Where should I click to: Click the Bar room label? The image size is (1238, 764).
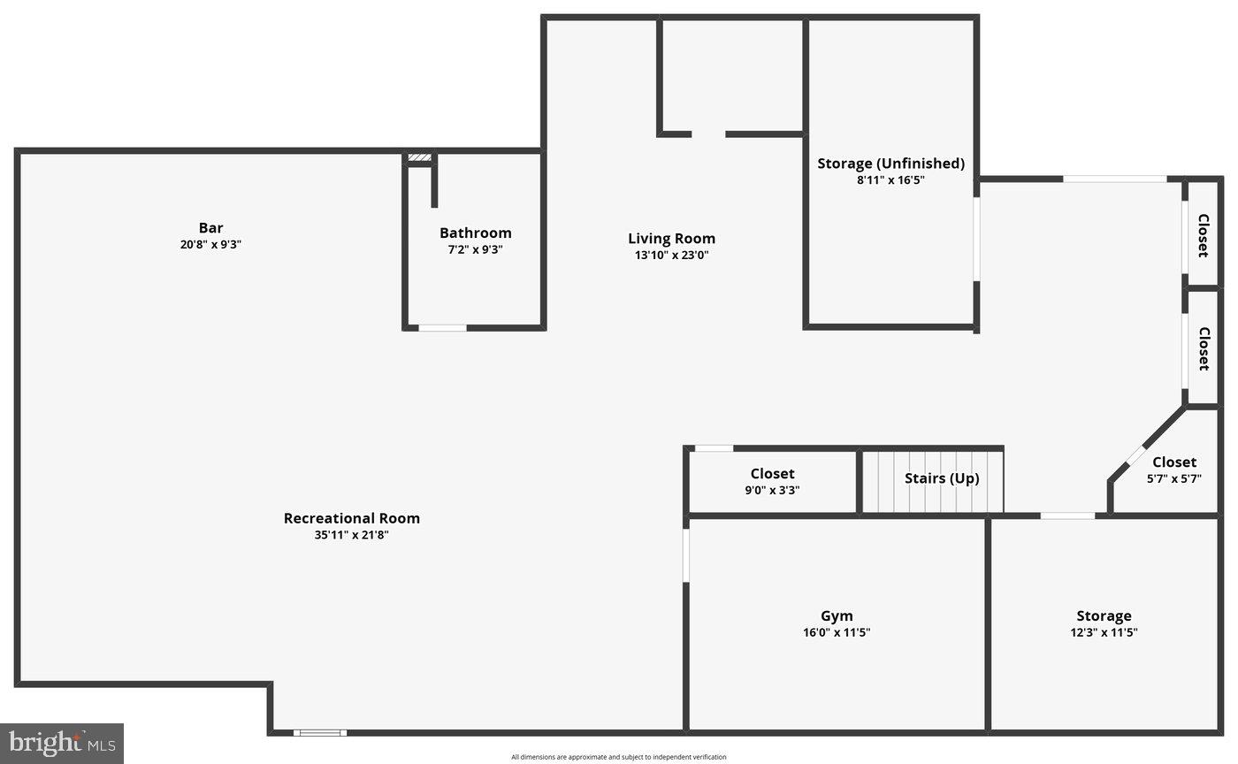210,228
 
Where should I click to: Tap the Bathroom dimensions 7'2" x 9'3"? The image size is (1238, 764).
476,249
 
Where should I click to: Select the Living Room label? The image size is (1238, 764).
671,239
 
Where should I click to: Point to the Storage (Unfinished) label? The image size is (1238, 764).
890,164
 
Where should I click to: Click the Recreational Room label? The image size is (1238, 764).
351,518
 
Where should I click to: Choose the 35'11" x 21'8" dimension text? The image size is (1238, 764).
351,535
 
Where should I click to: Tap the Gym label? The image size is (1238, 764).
837,616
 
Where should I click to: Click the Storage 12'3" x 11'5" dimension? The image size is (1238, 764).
1104,632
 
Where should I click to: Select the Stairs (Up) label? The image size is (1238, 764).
941,478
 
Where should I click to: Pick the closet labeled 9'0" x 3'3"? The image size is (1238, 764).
772,481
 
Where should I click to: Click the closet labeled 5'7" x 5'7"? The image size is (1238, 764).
1173,470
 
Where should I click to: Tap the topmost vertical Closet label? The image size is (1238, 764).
1203,235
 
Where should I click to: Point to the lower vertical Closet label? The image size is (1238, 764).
1203,348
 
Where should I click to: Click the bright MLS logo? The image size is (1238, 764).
62,743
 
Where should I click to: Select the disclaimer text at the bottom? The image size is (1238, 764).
618,757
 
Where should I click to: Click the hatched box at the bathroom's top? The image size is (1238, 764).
419,158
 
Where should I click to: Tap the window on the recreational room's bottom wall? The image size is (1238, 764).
320,732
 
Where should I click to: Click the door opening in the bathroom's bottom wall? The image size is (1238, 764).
442,328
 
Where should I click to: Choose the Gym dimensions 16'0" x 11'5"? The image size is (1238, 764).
837,632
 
